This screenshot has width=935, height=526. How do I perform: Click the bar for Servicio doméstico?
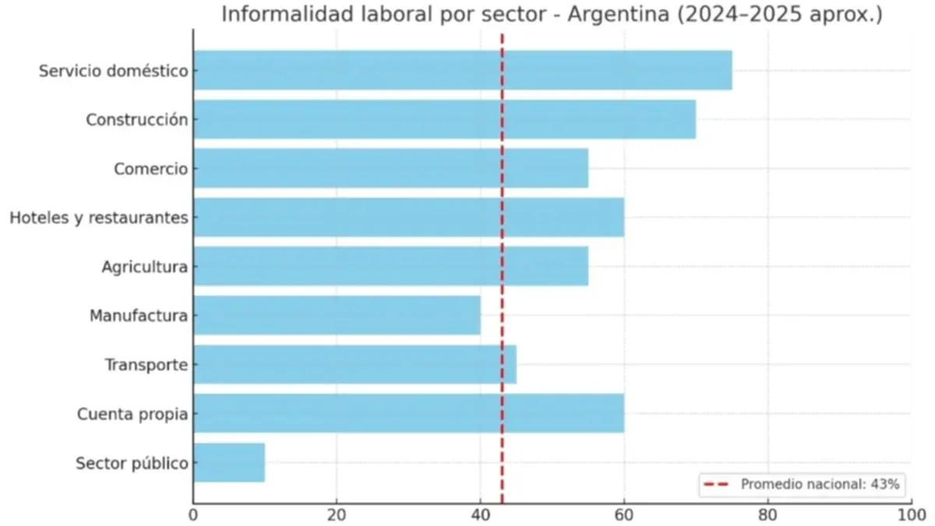(x=462, y=70)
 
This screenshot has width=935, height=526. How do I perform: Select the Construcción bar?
(x=444, y=119)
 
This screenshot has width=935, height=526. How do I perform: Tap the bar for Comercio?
(x=390, y=168)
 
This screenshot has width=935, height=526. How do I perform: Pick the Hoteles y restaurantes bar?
(x=408, y=217)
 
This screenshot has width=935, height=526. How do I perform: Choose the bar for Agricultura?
(x=390, y=267)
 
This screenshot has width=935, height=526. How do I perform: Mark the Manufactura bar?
(x=337, y=316)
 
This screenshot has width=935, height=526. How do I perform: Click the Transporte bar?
(x=355, y=365)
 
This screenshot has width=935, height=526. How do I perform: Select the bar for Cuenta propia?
(x=408, y=414)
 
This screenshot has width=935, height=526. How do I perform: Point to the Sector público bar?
(x=229, y=463)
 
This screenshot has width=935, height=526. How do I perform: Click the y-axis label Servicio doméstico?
(x=114, y=71)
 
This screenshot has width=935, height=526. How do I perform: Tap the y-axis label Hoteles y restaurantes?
(x=99, y=218)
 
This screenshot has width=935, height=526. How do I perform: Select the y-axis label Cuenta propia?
(x=132, y=415)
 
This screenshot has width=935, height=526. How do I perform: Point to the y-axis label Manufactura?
(x=139, y=316)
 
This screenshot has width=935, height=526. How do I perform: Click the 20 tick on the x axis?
(x=337, y=514)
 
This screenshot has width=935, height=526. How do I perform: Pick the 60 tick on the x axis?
(x=623, y=514)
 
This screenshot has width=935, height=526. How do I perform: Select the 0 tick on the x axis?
(x=193, y=514)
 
